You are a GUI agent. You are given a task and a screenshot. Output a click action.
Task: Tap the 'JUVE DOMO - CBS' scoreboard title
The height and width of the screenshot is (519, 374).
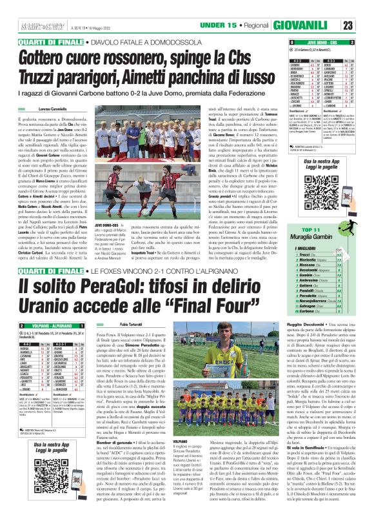click(314, 41)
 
